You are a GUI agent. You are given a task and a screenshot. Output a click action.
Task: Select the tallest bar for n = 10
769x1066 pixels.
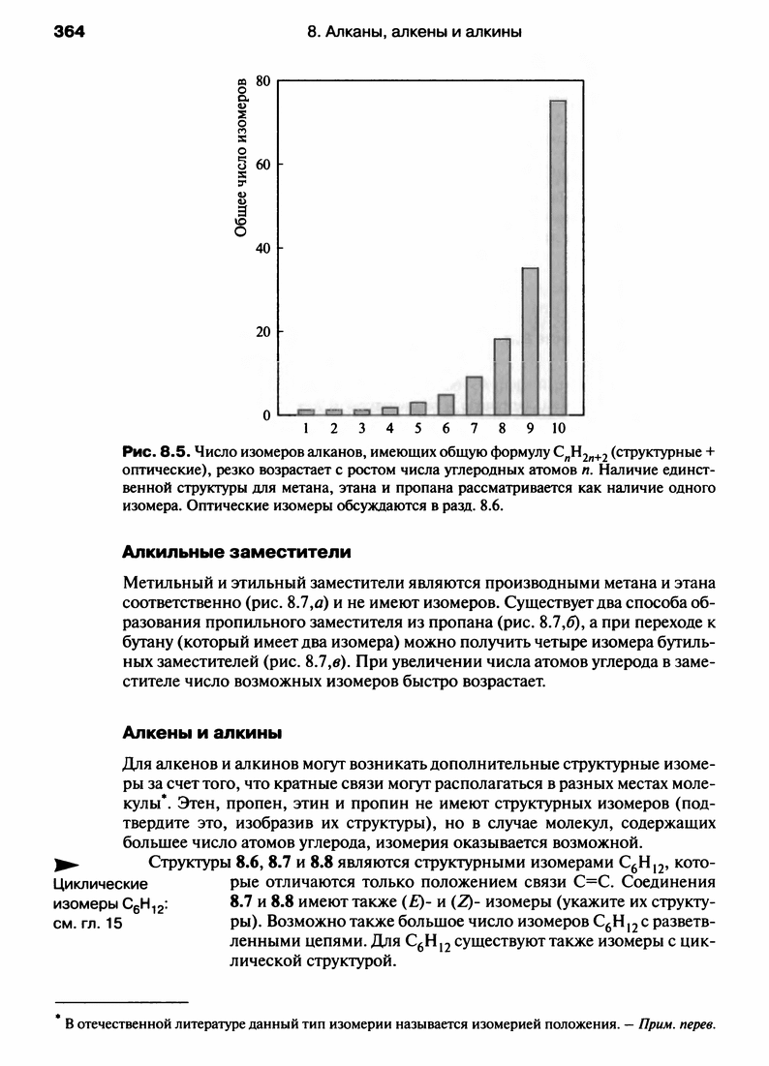click(558, 257)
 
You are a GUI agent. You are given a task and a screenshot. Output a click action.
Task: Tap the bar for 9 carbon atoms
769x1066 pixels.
click(530, 341)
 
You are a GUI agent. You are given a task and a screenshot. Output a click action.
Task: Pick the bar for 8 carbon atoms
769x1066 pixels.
click(502, 376)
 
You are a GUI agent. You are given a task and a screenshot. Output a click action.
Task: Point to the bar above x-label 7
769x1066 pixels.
click(474, 395)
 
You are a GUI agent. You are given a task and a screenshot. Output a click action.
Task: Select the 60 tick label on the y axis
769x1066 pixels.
click(261, 165)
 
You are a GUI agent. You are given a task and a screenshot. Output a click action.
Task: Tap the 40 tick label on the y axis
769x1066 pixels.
click(261, 248)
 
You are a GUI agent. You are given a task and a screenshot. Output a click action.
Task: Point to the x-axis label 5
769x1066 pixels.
click(417, 427)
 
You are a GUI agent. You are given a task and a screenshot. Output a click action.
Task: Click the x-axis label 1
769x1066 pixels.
click(305, 427)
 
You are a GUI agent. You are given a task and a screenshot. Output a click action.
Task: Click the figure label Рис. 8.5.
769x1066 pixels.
click(156, 452)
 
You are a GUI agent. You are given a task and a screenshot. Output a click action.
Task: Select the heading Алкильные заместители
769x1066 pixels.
click(236, 553)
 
